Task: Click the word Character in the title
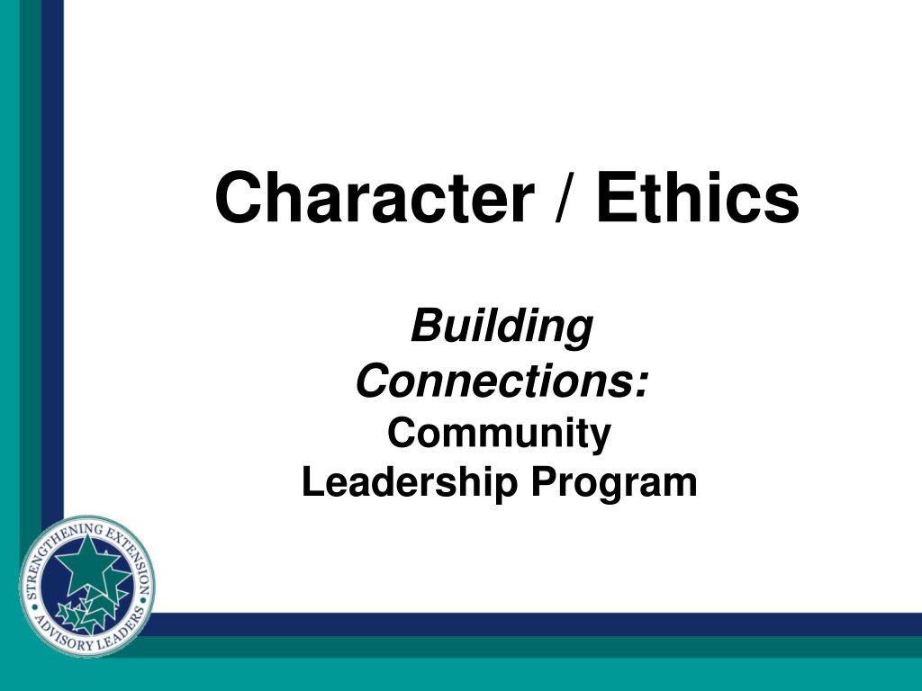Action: pyautogui.click(x=374, y=200)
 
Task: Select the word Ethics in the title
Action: pyautogui.click(x=697, y=200)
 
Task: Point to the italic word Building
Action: pyautogui.click(x=502, y=328)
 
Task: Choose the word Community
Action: pyautogui.click(x=499, y=434)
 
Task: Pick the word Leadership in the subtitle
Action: pyautogui.click(x=410, y=483)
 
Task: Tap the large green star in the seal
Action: pyautogui.click(x=87, y=570)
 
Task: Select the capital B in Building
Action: pyautogui.click(x=426, y=328)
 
